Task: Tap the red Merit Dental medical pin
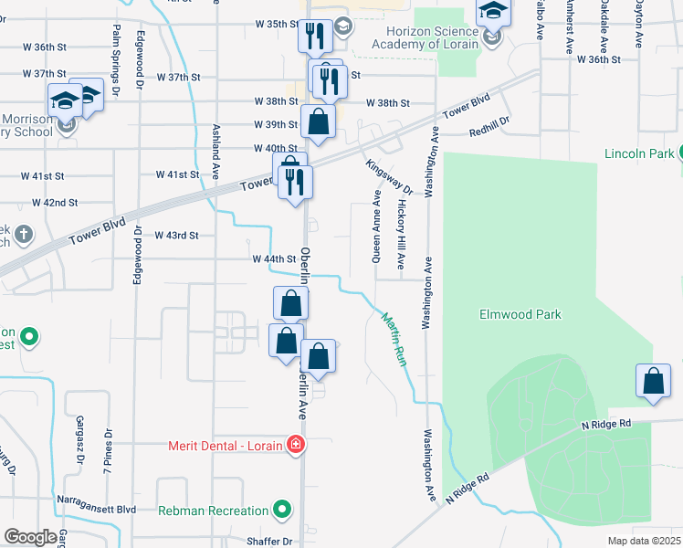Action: pyautogui.click(x=295, y=446)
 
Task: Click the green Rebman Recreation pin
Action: pyautogui.click(x=283, y=510)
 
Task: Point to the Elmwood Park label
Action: pyautogui.click(x=520, y=314)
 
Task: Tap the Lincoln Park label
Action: pyautogui.click(x=638, y=153)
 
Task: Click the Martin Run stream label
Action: pyautogui.click(x=393, y=338)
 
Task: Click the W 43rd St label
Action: pyautogui.click(x=177, y=235)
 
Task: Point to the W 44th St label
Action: pyautogui.click(x=275, y=259)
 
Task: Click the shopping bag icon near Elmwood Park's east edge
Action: pyautogui.click(x=654, y=383)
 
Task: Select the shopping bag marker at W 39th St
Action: pyautogui.click(x=317, y=122)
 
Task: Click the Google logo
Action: pyautogui.click(x=30, y=537)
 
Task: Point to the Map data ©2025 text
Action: pyautogui.click(x=644, y=541)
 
